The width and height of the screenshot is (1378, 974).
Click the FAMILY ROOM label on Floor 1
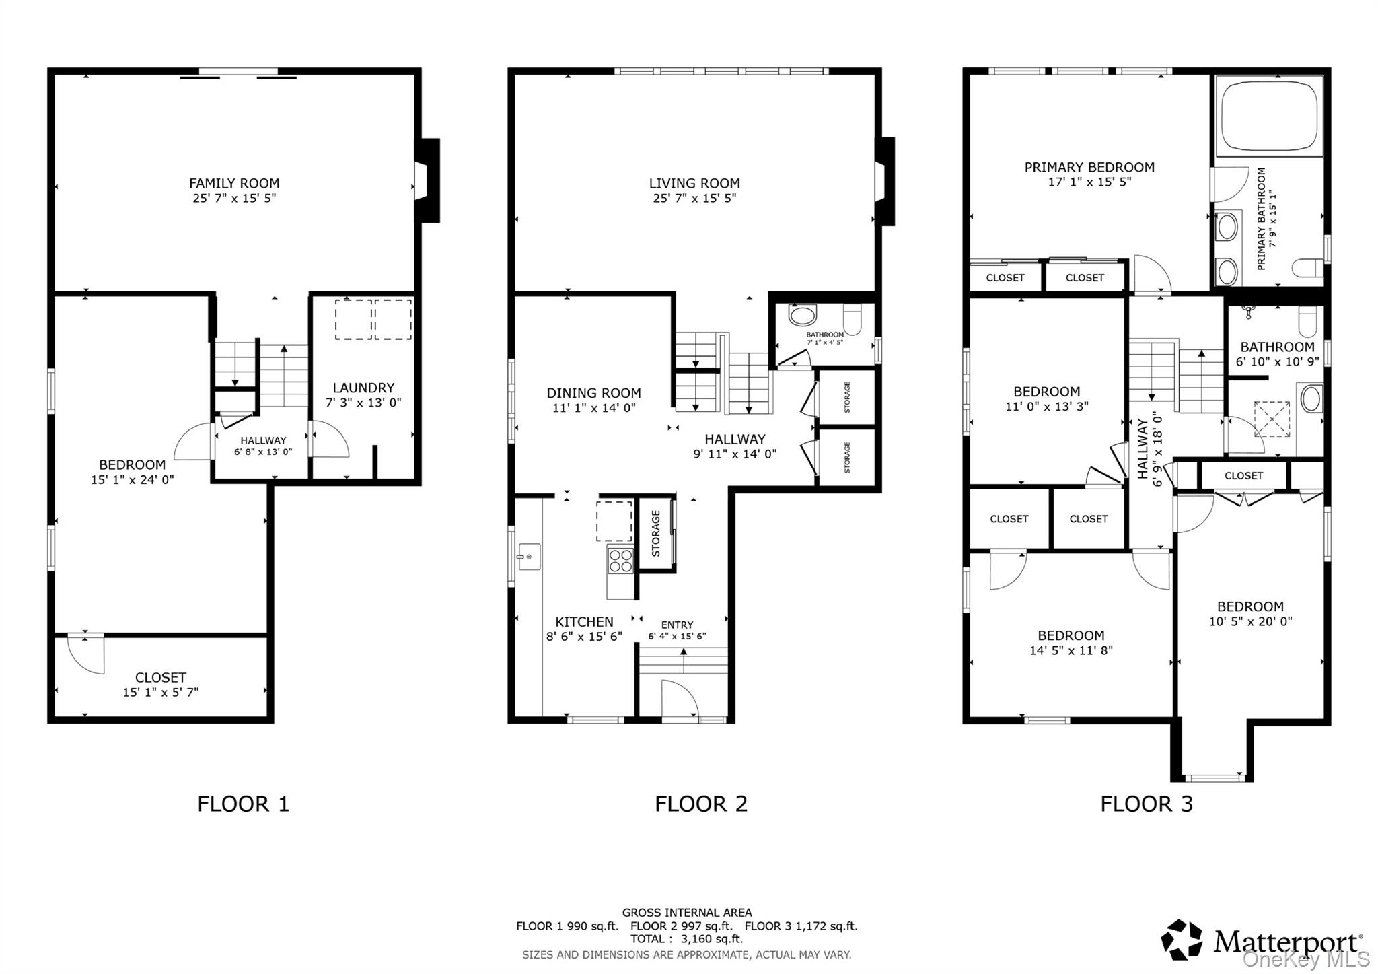pos(233,183)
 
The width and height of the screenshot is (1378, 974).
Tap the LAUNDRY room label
pos(363,388)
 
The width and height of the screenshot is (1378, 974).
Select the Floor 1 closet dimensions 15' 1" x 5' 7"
pos(160,692)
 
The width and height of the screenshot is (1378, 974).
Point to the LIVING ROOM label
pos(694,183)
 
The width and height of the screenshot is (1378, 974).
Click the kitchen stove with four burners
pos(620,561)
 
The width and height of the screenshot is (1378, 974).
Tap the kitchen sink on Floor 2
pos(529,557)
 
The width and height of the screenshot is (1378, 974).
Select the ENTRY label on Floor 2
pos(676,625)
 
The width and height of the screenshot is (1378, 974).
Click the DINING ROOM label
pos(593,393)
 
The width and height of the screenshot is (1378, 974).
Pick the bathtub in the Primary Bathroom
pos(1269,116)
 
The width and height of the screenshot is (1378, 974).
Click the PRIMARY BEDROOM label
pos(1089,167)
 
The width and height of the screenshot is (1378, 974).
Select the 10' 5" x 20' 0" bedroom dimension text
pos(1250,621)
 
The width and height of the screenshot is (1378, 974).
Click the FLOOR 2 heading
pos(700,804)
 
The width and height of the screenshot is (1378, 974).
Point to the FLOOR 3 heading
pos(1146,804)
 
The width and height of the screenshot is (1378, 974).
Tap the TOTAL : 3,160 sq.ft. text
pos(686,938)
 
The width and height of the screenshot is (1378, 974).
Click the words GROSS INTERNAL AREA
pos(686,913)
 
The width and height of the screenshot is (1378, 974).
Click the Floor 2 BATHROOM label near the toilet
pos(824,335)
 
